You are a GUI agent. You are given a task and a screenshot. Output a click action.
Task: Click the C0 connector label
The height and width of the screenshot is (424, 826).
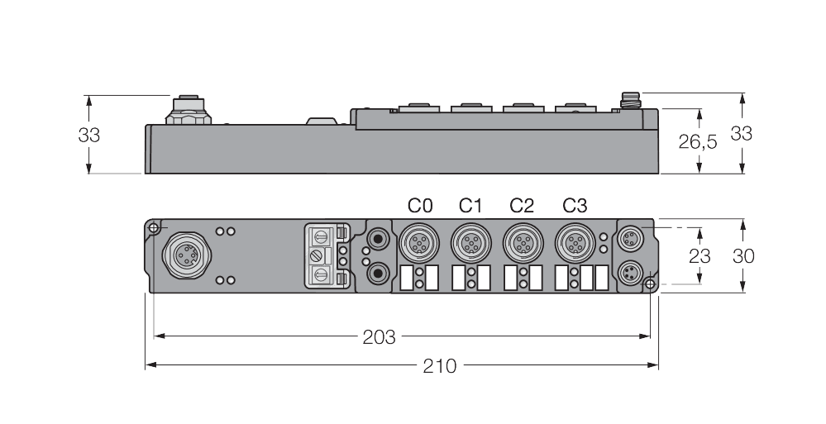420,205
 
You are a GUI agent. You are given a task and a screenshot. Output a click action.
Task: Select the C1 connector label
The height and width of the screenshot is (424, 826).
471,205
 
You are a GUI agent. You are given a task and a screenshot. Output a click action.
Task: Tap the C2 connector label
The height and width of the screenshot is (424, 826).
522,205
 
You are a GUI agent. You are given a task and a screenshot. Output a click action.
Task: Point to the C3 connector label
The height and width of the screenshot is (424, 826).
575,205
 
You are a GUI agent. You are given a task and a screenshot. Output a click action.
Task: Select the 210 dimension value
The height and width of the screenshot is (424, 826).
439,365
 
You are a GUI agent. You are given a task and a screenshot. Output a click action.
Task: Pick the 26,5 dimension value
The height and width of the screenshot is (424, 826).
698,142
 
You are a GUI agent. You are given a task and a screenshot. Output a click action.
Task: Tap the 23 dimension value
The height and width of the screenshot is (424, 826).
699,256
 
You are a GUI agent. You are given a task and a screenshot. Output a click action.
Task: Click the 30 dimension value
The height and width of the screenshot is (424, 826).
743,256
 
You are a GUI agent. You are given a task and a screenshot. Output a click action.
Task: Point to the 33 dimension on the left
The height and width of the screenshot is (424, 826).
89,135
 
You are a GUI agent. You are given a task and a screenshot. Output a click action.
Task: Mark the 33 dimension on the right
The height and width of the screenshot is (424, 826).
742,133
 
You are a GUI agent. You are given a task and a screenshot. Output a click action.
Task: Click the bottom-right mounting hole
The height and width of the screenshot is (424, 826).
651,285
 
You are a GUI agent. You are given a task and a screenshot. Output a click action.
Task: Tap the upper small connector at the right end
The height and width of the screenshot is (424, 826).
631,238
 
